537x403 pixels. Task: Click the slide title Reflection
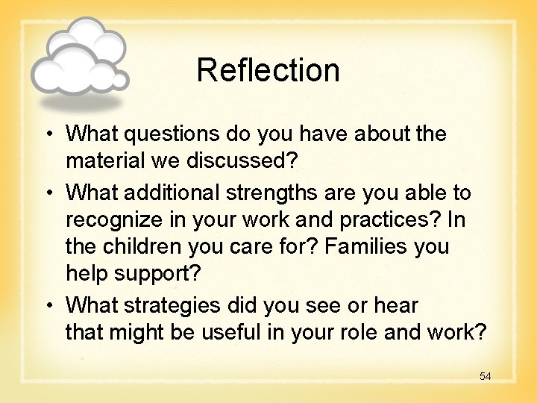tap(268, 70)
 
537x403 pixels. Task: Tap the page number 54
tap(485, 376)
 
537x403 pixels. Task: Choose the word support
tap(157, 274)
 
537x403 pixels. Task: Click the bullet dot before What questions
tap(47, 135)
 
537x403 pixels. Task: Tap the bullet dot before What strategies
tap(47, 306)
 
